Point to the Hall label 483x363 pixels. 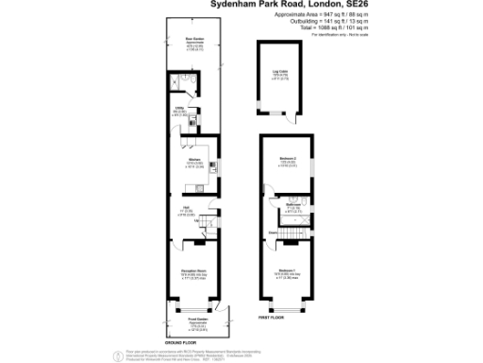pyautogui.click(x=188, y=210)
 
